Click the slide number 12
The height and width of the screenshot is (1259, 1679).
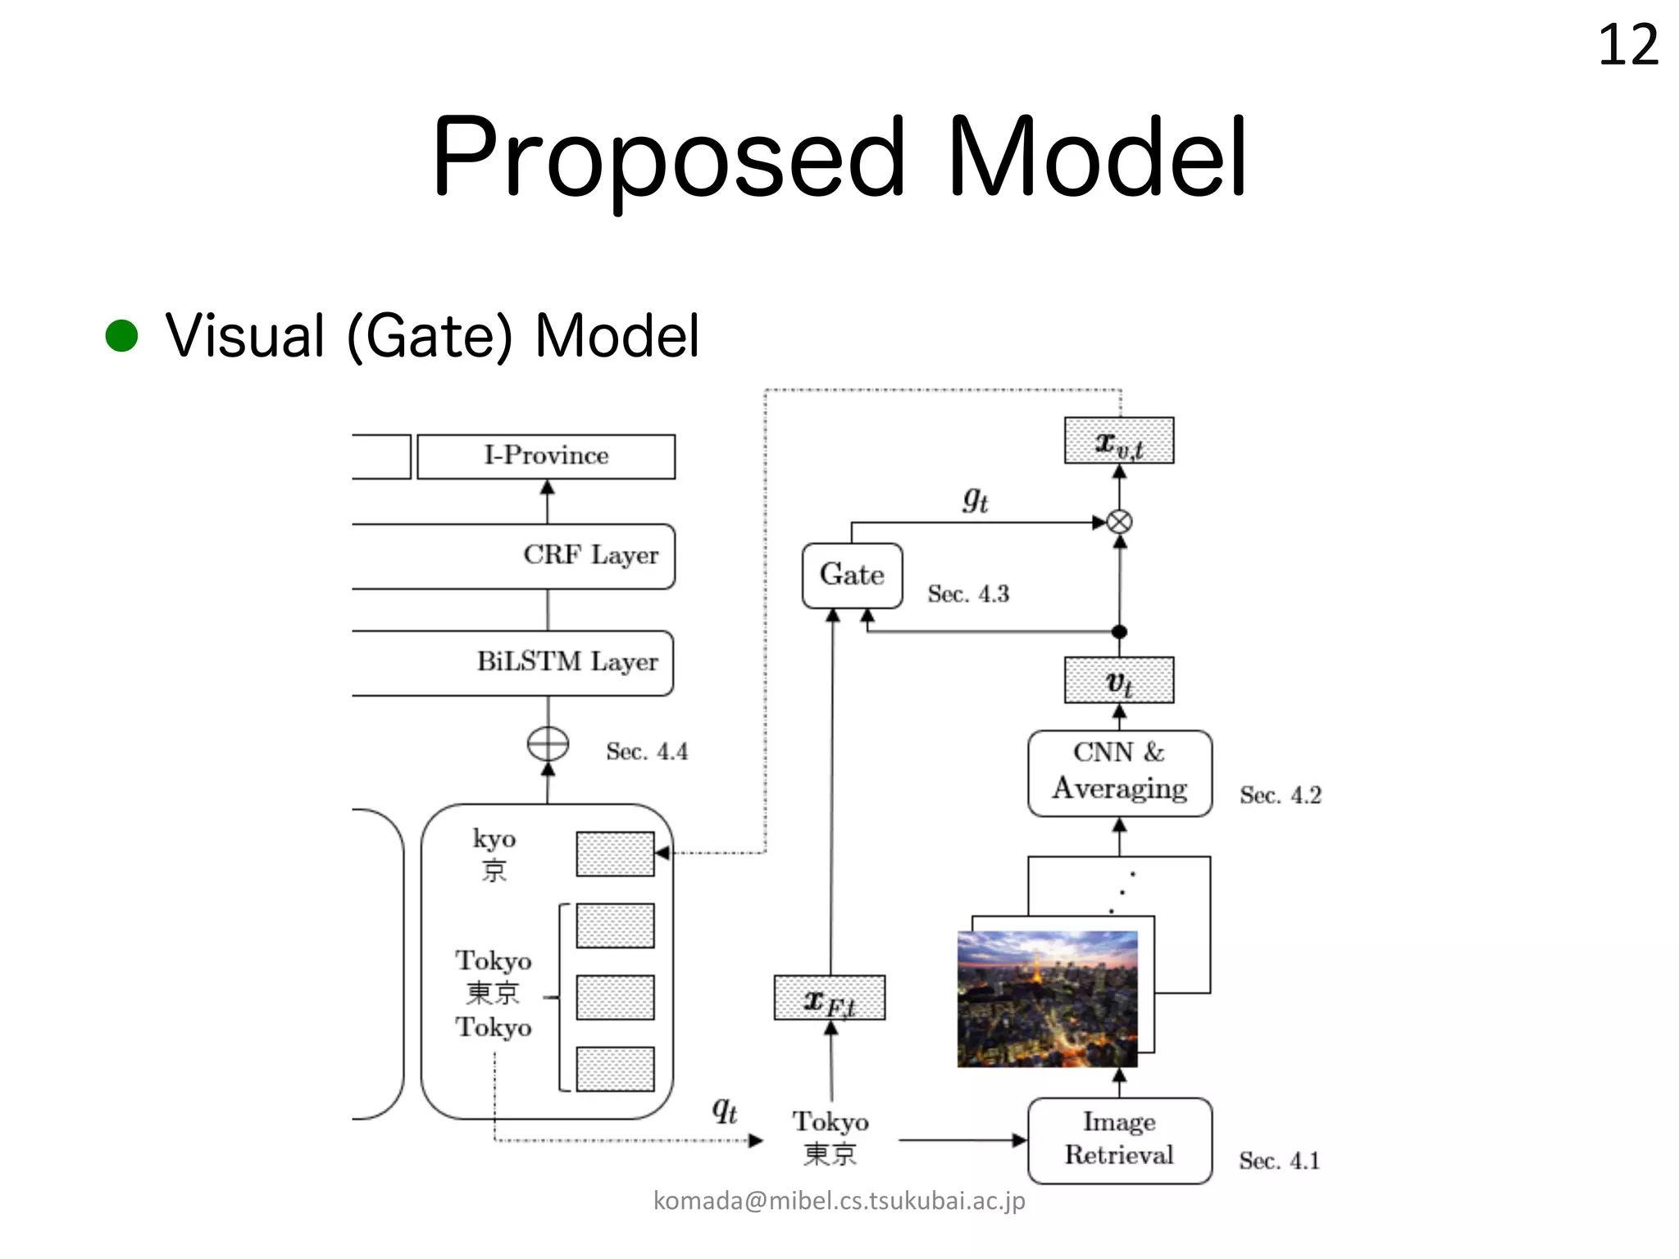[1628, 45]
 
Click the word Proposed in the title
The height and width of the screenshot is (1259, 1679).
[668, 157]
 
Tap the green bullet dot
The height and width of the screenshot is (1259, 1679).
[122, 335]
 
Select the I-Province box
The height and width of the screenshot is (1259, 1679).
[546, 457]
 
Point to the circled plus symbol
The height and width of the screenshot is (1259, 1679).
[548, 744]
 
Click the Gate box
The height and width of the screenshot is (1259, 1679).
[852, 575]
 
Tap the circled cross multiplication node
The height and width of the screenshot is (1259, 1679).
[1119, 522]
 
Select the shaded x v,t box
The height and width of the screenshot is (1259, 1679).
[1119, 441]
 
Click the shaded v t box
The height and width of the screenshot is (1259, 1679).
[1119, 680]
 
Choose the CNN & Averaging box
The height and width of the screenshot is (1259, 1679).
[1120, 773]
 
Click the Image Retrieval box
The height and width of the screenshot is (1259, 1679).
[1120, 1140]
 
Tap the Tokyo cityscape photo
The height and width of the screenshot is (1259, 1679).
[1048, 998]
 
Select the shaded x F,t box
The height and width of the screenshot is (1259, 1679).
[830, 998]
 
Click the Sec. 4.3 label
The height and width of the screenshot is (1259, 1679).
[968, 593]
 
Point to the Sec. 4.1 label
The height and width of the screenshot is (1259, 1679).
[1279, 1161]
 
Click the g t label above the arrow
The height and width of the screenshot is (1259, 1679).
[975, 498]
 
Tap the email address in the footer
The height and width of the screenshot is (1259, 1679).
[839, 1201]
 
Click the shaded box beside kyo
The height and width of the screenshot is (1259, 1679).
[615, 854]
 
